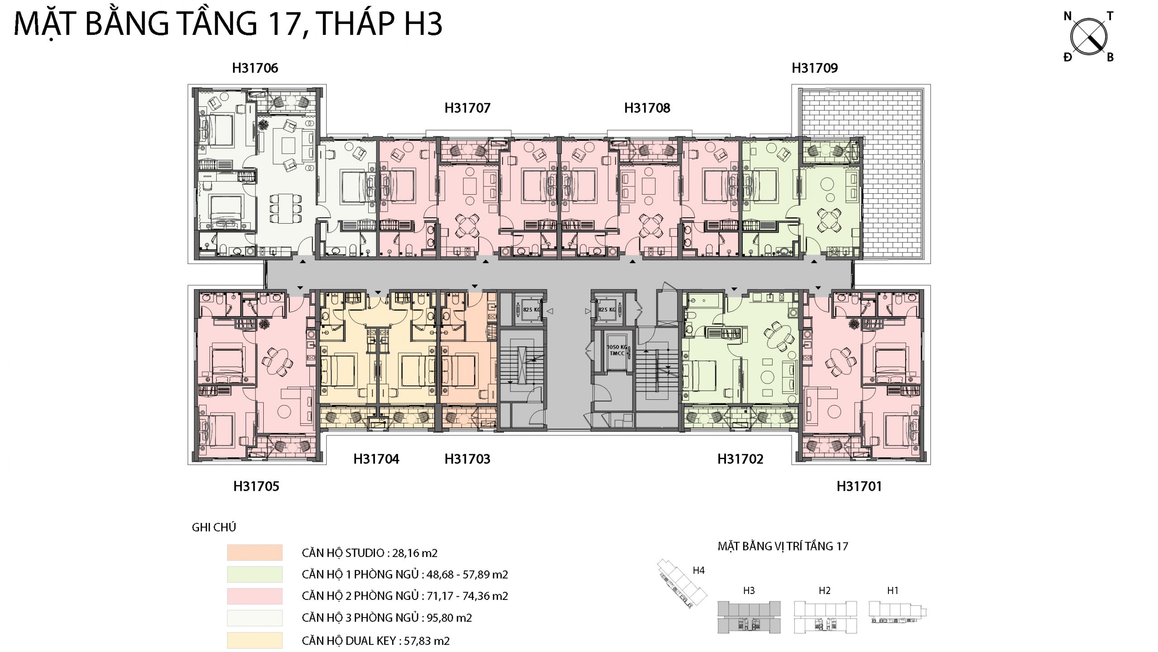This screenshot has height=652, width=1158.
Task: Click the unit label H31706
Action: coord(255,68)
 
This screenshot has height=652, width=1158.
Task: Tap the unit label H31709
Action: coord(815,68)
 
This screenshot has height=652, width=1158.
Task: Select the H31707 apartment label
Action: coord(467,108)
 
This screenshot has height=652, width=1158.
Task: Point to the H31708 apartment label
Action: coord(647,108)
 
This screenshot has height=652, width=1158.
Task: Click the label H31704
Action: coord(376,459)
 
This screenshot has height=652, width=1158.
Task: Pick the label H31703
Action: coord(467,459)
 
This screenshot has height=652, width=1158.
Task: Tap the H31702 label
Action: coord(740,459)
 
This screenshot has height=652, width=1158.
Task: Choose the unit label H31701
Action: coord(859,486)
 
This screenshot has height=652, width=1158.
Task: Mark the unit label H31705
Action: coord(256,486)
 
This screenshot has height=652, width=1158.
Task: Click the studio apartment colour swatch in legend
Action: coord(255,552)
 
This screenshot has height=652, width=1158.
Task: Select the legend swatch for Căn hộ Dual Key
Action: coord(255,640)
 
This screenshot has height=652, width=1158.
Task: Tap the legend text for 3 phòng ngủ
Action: coord(387,618)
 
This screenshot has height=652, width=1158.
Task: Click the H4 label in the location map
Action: coord(699,570)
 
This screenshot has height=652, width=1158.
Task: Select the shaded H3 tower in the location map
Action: coord(749,617)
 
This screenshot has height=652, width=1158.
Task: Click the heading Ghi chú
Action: coord(214,527)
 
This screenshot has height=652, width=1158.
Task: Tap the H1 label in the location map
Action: coord(892,590)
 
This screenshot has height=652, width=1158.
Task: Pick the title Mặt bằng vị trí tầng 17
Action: coord(783,546)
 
